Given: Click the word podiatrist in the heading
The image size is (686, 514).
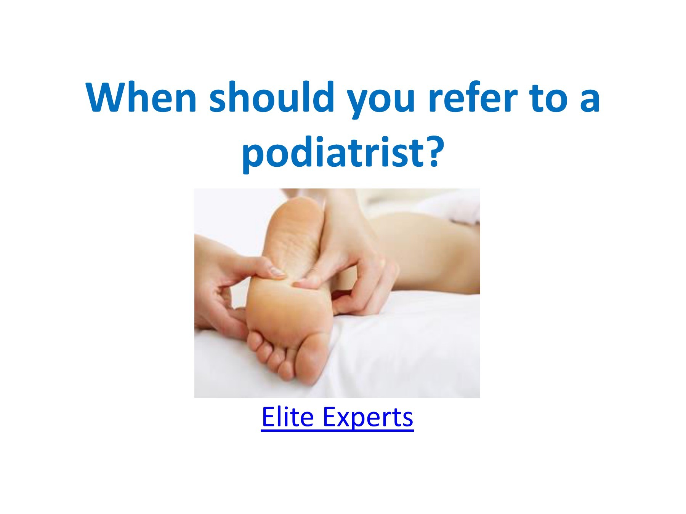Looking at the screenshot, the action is pos(333,152).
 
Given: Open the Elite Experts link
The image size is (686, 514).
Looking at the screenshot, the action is pos(337,417).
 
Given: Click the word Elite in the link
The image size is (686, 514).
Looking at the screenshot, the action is pos(287,417).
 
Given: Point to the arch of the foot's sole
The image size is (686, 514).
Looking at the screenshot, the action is pos(293,251).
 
